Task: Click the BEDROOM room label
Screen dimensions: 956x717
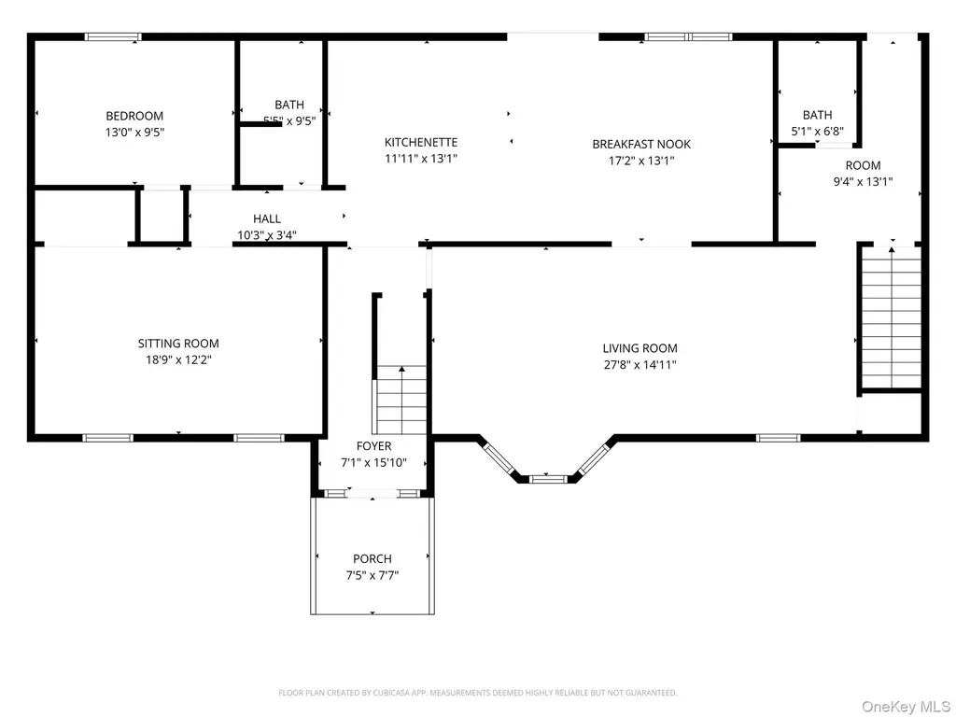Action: (134, 116)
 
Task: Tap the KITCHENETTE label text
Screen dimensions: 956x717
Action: (421, 142)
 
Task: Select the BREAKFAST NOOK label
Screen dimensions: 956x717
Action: (641, 145)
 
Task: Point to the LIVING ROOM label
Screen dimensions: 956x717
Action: (640, 348)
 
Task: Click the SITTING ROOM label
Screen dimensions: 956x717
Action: (178, 344)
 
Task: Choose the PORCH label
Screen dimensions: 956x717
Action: (373, 558)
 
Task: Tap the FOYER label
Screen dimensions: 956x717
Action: (373, 445)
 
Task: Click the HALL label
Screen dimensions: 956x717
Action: (267, 218)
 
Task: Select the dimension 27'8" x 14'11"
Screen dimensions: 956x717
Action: (640, 365)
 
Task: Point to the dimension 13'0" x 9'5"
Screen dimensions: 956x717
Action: (134, 133)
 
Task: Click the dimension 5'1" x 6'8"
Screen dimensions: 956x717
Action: (818, 131)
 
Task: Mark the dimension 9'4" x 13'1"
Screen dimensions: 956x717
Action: (863, 182)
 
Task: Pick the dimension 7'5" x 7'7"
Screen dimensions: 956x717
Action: (373, 575)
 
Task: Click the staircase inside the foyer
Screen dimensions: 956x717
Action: (401, 400)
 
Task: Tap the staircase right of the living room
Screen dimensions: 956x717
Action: (891, 317)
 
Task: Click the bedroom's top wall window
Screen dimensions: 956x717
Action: (113, 37)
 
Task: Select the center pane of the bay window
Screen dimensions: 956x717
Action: (548, 479)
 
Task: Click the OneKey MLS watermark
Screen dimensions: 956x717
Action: (906, 707)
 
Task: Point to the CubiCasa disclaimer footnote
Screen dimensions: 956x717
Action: (477, 693)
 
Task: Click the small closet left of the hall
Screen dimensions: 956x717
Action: (162, 216)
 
